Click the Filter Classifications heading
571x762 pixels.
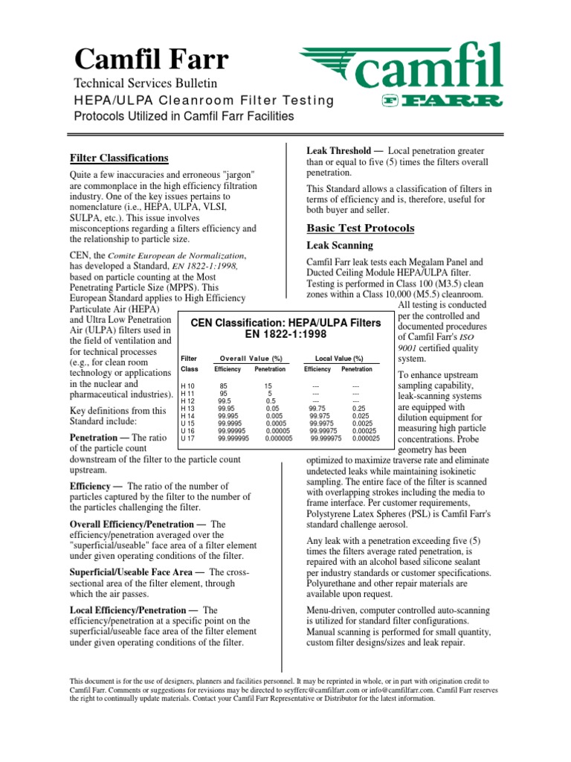pos(118,158)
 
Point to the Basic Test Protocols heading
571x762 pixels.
pos(361,228)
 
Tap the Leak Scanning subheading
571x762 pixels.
pos(341,245)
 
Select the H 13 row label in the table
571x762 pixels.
pos(189,408)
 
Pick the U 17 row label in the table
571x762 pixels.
pos(189,438)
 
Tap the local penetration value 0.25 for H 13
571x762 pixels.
pos(358,408)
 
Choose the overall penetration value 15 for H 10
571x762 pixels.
pos(268,385)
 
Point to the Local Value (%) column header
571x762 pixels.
pos(339,358)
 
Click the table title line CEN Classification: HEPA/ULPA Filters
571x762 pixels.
pos(285,322)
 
